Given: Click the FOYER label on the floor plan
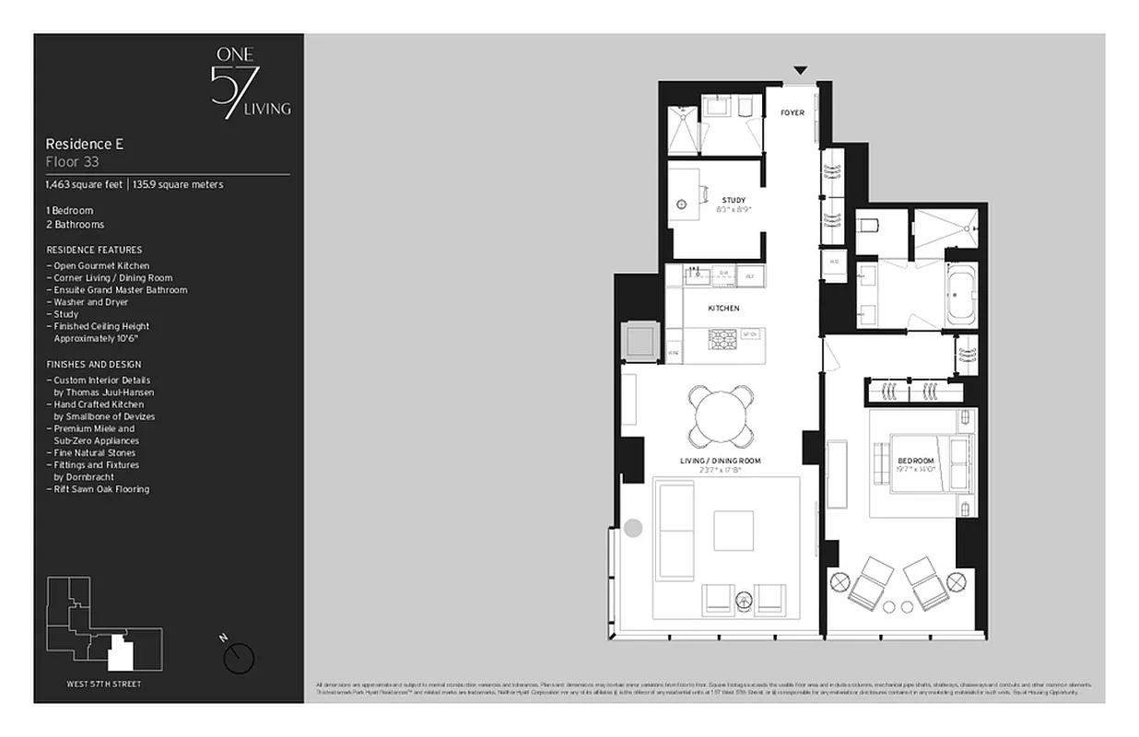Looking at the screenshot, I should [x=792, y=113].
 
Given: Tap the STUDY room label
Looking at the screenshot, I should [x=734, y=200].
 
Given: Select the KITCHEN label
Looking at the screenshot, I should [x=723, y=309].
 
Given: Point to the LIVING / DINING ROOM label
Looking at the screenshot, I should [x=721, y=461].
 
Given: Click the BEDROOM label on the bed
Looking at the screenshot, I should [x=916, y=461].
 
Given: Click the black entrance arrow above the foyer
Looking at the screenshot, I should [x=800, y=70].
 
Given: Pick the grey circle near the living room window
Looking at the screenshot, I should [x=633, y=528].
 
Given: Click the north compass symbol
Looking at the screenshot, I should [x=239, y=657].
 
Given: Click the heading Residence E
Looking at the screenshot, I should [x=85, y=145].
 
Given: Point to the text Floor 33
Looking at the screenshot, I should [x=73, y=161].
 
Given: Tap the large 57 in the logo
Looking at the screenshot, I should [x=228, y=90].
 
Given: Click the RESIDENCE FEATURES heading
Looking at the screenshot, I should [x=94, y=250].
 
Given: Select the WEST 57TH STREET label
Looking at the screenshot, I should [x=104, y=684].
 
